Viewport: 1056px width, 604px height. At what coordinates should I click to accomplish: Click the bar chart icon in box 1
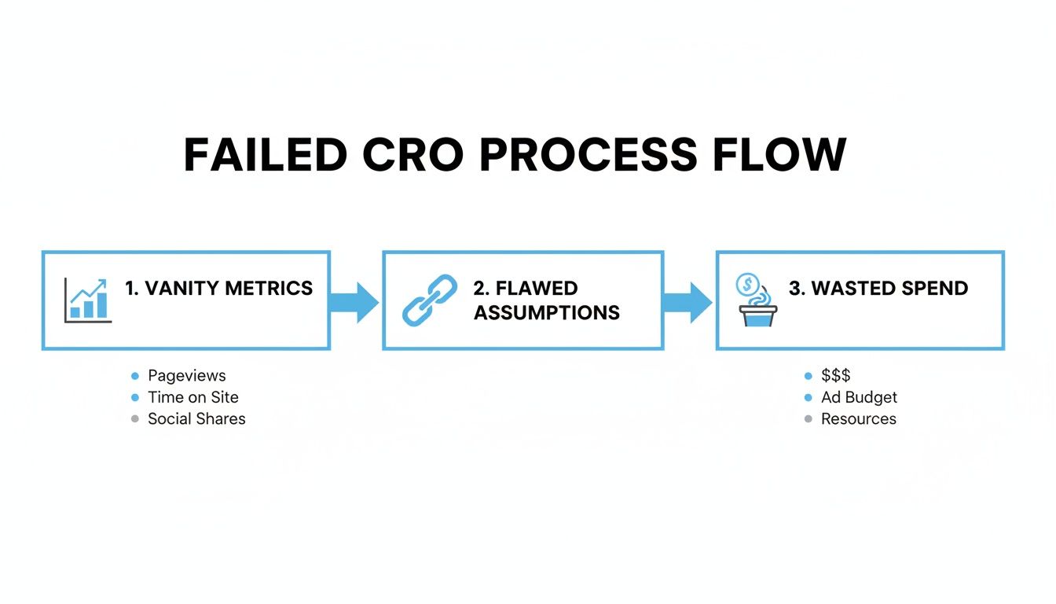(x=87, y=300)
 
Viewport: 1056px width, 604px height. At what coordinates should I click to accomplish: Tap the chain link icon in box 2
(x=430, y=300)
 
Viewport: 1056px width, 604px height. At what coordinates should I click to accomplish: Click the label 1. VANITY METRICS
(x=218, y=289)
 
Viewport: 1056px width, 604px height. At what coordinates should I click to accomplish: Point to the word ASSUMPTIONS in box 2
(x=547, y=313)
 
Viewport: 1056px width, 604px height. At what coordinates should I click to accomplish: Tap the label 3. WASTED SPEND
(x=878, y=289)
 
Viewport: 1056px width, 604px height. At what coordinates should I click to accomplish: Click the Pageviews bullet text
(x=187, y=376)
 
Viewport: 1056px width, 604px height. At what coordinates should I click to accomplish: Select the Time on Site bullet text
(x=193, y=398)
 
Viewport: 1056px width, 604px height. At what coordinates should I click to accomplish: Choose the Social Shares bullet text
(x=196, y=419)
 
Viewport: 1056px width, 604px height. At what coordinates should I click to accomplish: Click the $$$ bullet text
(x=836, y=376)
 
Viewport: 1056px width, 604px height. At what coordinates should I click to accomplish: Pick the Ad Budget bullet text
(x=859, y=398)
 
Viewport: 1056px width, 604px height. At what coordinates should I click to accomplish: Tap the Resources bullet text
(x=858, y=419)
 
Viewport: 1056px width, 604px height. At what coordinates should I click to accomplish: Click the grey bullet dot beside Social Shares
(x=135, y=419)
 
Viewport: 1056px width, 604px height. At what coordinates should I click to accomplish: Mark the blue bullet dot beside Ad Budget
(x=808, y=398)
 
